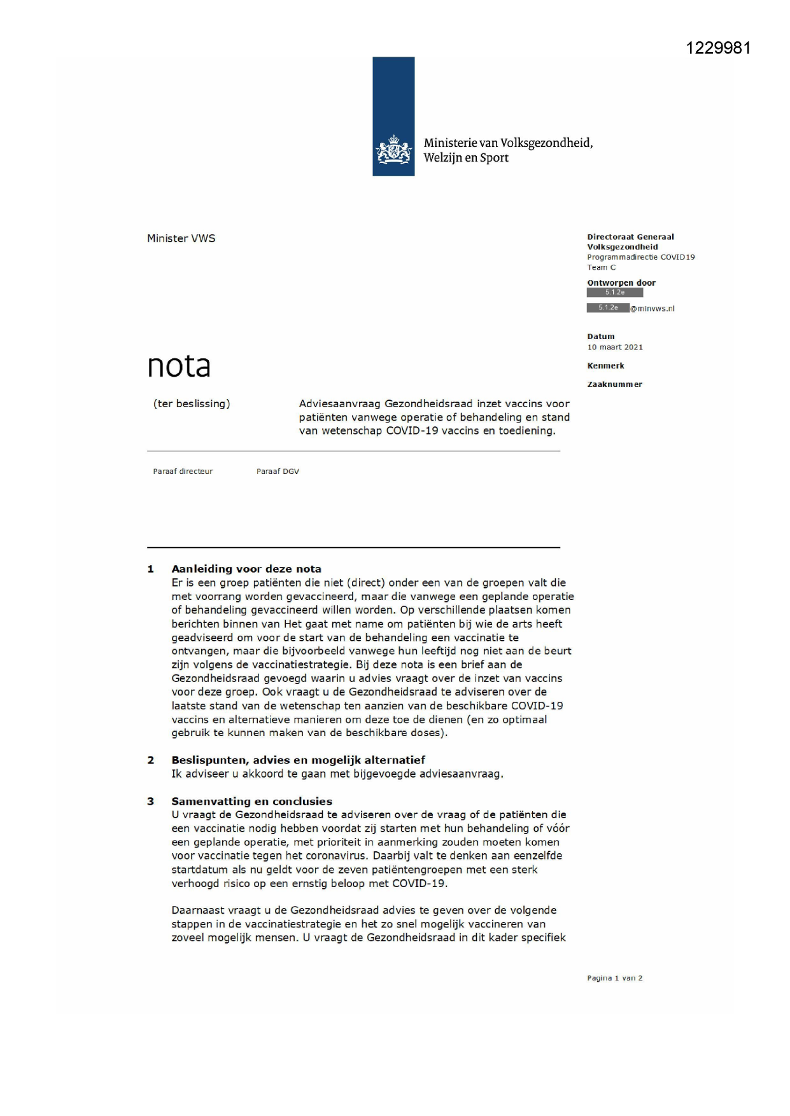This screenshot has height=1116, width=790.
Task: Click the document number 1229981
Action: (718, 48)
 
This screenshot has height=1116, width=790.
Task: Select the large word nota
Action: (179, 366)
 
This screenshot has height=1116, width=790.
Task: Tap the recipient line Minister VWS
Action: (181, 239)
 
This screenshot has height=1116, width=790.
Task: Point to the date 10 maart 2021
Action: (615, 347)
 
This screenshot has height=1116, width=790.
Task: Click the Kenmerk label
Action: (605, 366)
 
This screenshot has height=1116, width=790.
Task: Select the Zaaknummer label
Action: (614, 384)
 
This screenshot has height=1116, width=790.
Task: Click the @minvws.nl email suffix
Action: (652, 309)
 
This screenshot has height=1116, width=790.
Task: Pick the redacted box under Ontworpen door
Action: (614, 293)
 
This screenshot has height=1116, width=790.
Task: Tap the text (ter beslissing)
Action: (192, 403)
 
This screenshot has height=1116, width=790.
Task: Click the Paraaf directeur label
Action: (183, 471)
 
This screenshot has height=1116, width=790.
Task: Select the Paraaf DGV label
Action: (278, 471)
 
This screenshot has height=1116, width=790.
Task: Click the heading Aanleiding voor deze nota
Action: (246, 569)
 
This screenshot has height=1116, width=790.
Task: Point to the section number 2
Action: (151, 760)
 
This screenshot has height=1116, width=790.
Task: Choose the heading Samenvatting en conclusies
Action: (251, 801)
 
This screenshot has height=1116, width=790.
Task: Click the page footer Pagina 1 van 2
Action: (614, 978)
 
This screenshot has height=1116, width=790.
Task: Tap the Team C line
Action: (601, 267)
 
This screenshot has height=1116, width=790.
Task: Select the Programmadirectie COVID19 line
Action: (640, 257)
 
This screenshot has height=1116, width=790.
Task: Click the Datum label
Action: (601, 337)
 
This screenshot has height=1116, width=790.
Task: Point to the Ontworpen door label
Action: (621, 283)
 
